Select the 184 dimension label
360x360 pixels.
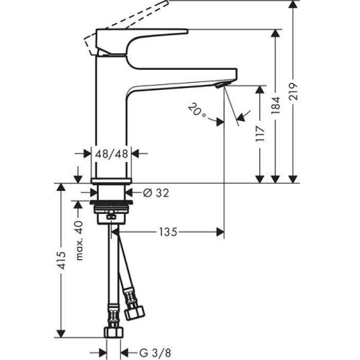pos(276,105)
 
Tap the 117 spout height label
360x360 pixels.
pos(261,134)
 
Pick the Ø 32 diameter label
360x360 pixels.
pos(155,192)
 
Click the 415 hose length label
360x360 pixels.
pos(61,261)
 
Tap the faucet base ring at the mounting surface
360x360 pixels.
pos(112,180)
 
